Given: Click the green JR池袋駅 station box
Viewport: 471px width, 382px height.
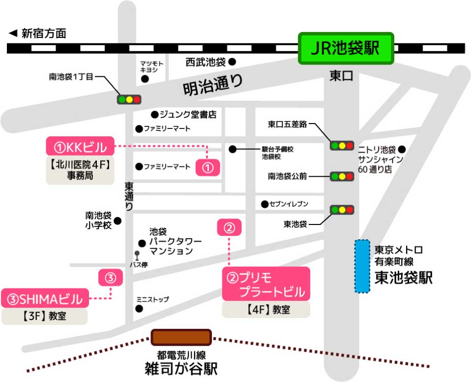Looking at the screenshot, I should click(347, 48).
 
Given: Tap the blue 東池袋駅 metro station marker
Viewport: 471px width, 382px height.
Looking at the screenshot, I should click(362, 266).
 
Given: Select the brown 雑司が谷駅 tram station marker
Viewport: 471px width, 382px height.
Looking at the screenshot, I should click(181, 337).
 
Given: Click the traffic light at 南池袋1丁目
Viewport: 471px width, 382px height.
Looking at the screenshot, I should click(129, 99).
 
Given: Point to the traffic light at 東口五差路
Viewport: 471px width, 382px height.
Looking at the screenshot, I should click(342, 145).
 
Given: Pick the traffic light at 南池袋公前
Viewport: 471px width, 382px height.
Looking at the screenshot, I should click(342, 176).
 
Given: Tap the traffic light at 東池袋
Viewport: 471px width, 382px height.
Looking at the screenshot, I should click(342, 210).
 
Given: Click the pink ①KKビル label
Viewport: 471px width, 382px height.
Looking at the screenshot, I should click(80, 146).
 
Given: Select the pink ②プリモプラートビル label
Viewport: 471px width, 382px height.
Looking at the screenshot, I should click(266, 284).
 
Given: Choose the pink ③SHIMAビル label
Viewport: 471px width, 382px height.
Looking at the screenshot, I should click(45, 298).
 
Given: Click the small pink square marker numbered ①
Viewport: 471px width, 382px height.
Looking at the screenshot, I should click(207, 167).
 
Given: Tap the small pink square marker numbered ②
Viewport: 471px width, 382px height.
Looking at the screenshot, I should click(230, 228).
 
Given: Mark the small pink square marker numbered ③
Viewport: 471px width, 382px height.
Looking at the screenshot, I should click(110, 278).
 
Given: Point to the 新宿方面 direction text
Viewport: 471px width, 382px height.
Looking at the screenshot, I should click(43, 33).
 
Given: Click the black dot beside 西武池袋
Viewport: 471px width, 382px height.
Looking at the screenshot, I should click(232, 62).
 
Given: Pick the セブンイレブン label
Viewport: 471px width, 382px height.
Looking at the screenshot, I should click(289, 204).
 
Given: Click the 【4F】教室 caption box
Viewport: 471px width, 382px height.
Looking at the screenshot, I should click(266, 310).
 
